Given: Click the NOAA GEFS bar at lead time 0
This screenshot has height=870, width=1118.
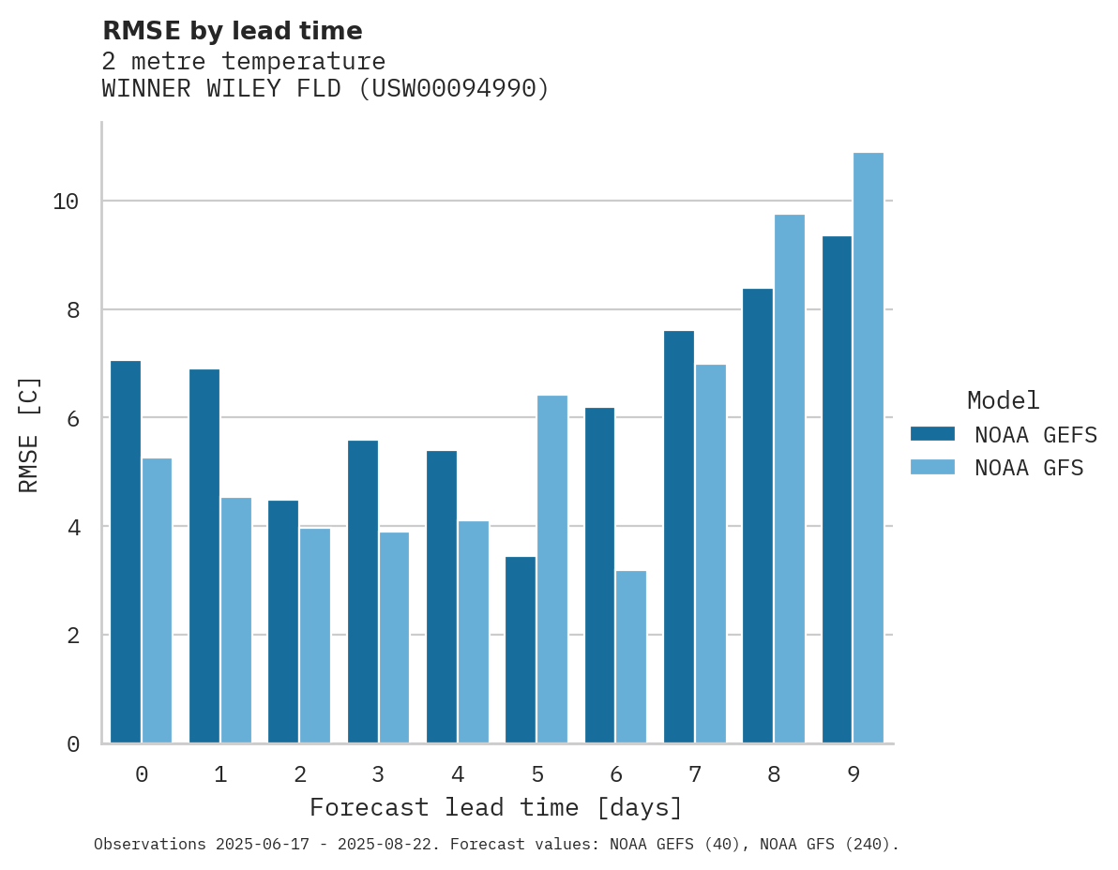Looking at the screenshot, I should tap(126, 552).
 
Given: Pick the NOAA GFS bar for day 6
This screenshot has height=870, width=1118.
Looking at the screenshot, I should tap(631, 656).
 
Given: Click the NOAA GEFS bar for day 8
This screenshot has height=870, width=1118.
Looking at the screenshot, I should tap(758, 516).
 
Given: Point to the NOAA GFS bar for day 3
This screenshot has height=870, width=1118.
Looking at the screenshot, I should tap(394, 637).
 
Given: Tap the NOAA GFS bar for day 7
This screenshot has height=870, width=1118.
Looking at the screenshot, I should tap(710, 553).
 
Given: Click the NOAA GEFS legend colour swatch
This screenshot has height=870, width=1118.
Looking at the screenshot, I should tap(932, 434).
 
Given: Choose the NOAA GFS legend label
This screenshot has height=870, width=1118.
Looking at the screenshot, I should tap(1029, 468).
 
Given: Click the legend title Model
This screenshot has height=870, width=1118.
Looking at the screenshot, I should tap(1004, 401).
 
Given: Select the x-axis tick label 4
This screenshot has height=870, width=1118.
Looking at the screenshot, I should tap(458, 774).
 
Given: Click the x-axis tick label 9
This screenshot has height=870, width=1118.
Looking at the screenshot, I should tap(853, 774).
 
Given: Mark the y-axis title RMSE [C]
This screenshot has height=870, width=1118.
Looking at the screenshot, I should tap(29, 433).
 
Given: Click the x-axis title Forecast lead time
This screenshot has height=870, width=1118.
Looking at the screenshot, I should tap(496, 807).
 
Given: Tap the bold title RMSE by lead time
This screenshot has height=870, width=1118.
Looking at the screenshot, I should tap(232, 31).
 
